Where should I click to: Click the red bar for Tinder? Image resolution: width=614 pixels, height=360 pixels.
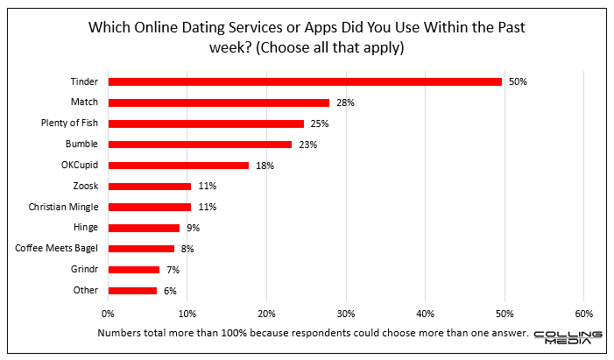point(305,81)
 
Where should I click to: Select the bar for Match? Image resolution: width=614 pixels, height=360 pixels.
point(218,102)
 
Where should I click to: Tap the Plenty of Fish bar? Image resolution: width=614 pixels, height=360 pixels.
point(206,124)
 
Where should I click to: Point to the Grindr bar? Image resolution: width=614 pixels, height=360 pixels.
point(134,270)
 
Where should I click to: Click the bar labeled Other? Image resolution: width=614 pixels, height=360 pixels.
point(132,290)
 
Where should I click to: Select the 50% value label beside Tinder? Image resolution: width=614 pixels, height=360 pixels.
point(518,81)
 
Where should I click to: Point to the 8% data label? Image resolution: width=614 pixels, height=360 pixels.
point(187,249)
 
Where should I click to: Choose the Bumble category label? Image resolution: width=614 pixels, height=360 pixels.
point(83,145)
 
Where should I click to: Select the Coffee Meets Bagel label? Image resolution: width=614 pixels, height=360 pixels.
point(57,249)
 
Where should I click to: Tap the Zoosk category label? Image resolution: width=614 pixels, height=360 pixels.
point(86,186)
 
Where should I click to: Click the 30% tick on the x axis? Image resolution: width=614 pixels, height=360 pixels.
point(346,313)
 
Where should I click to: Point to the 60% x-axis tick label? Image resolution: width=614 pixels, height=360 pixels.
point(584,313)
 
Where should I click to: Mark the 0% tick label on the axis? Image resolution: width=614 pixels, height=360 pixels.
point(108,313)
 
